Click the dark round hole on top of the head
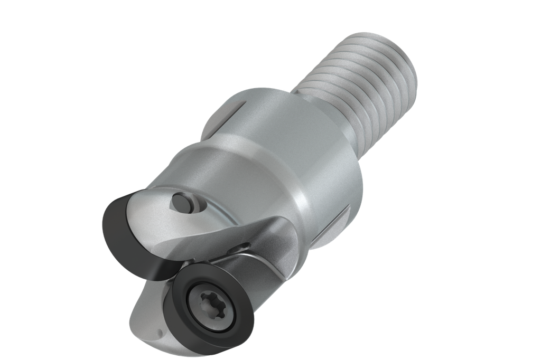click(x=182, y=203)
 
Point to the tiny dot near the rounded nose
click(x=160, y=333)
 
